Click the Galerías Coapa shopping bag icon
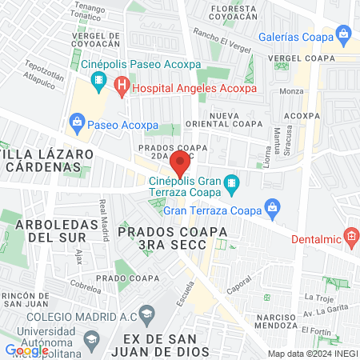[x=344, y=34]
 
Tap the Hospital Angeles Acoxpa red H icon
[x=122, y=85]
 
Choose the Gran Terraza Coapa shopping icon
[x=272, y=207]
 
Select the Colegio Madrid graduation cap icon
[x=146, y=312]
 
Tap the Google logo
[x=26, y=350]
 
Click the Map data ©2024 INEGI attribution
[x=312, y=354]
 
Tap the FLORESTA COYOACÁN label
[x=234, y=14]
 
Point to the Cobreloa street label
[x=84, y=286]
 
